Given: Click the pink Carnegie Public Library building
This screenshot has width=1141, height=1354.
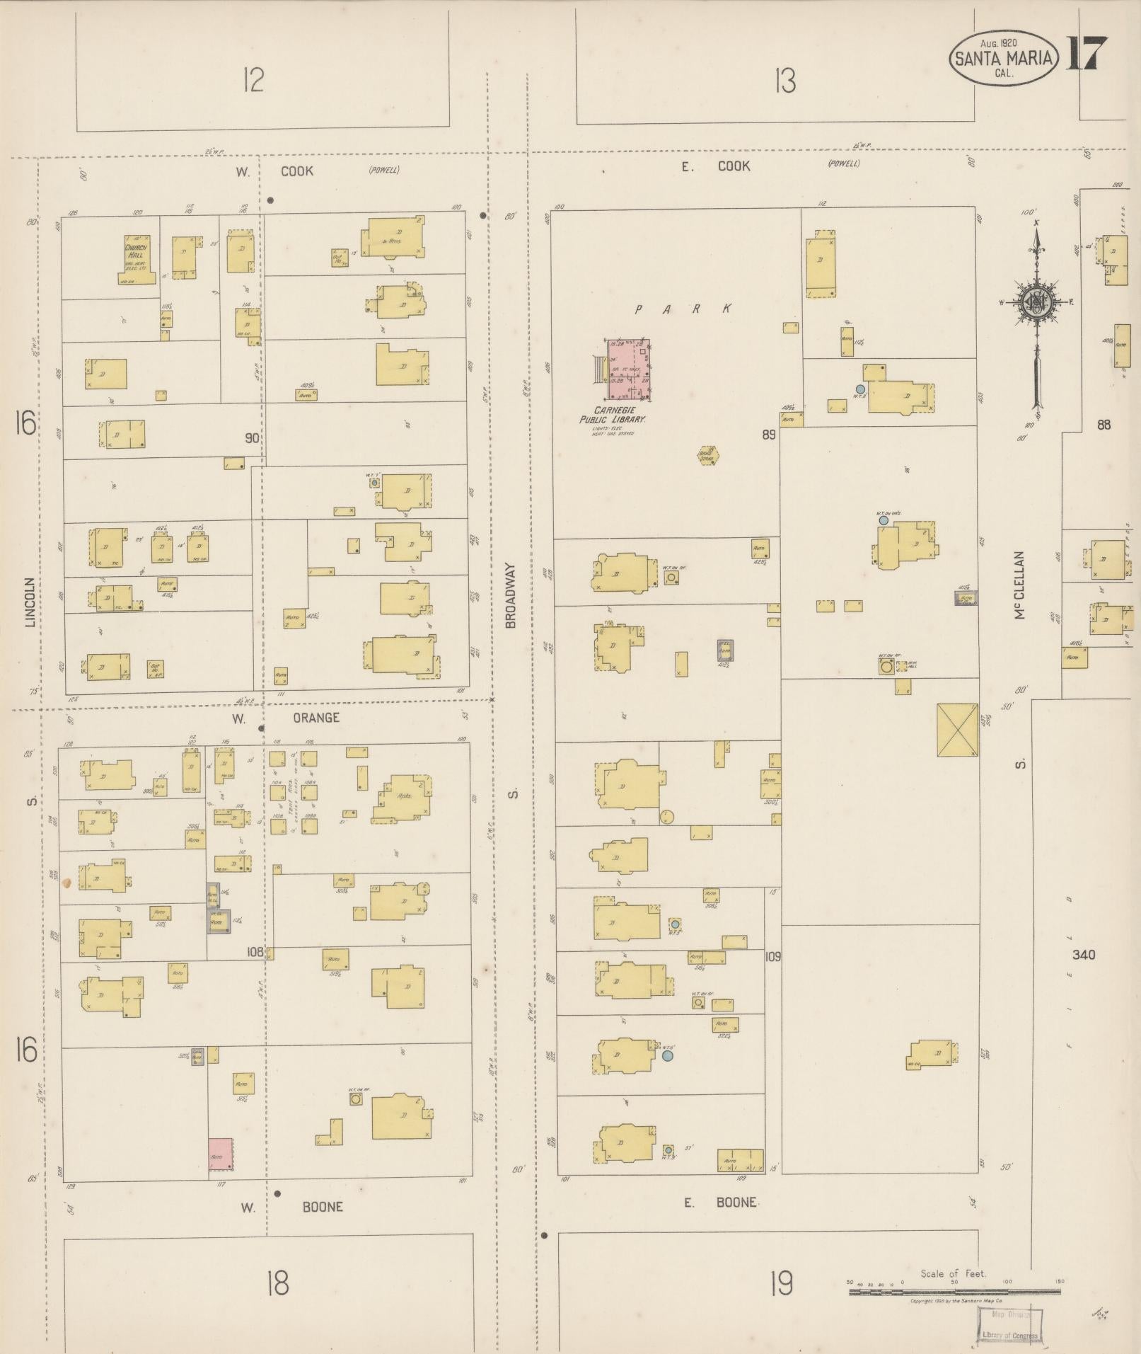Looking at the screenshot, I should (x=628, y=369).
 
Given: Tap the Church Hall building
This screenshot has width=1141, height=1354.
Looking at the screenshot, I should (x=137, y=259).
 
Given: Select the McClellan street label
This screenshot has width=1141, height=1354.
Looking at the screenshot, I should (x=1019, y=585).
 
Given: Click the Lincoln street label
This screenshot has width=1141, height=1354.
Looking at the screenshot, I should (x=30, y=602).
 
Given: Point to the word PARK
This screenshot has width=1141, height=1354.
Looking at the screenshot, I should (x=683, y=309).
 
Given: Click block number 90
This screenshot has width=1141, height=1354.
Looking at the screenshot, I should (x=252, y=438).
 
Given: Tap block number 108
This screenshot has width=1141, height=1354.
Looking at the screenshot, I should (x=255, y=952).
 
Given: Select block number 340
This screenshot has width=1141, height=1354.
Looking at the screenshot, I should (x=1083, y=955).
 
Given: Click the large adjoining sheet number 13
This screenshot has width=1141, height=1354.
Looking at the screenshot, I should (x=784, y=81).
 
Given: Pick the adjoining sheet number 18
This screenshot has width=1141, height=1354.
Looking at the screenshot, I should (x=278, y=1283).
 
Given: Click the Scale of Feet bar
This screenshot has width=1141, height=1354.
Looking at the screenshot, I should (x=954, y=1292).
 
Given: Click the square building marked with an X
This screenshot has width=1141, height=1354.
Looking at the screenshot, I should (x=957, y=730).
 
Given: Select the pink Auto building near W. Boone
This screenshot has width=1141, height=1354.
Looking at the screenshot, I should (x=220, y=1153).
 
